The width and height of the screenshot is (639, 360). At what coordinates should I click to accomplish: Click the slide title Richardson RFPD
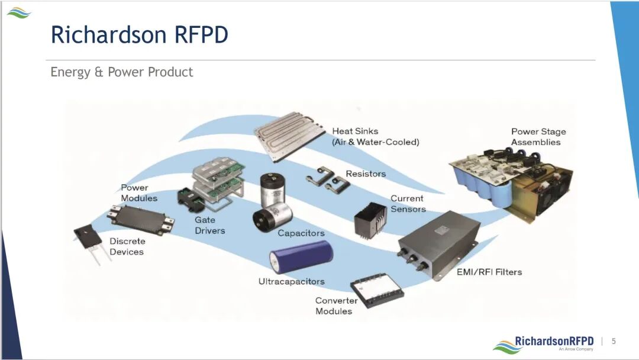tap(140, 34)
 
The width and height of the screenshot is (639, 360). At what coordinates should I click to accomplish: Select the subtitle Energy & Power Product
tap(122, 72)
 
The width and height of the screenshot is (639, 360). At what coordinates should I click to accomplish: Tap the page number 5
tap(614, 341)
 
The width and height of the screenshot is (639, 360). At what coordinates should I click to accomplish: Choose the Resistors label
tap(366, 174)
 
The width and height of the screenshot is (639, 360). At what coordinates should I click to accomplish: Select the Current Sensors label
tap(408, 204)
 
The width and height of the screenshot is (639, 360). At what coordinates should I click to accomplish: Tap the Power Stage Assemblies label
tap(538, 137)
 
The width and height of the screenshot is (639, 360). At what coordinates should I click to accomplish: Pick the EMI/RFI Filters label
tap(489, 272)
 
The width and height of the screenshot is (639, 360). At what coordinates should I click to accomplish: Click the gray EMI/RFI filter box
tap(438, 243)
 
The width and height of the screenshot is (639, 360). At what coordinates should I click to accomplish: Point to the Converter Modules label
tap(336, 306)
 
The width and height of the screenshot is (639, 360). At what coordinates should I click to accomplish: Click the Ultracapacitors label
tap(291, 282)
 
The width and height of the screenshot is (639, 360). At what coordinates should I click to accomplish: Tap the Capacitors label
tap(301, 233)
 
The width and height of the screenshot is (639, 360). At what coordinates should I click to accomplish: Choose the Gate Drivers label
tap(210, 225)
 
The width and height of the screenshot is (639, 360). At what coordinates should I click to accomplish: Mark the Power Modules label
tap(139, 193)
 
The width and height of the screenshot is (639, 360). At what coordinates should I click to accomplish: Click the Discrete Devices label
tap(127, 246)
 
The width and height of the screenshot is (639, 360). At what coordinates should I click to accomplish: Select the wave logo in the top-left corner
tap(18, 12)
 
